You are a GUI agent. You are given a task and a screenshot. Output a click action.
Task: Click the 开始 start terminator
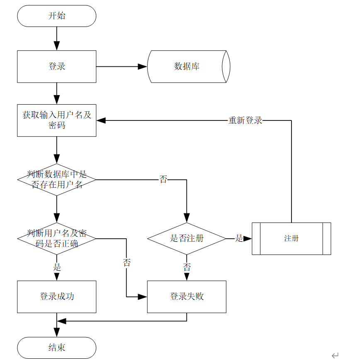(x=56, y=16)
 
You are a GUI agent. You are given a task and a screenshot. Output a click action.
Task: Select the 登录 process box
(x=56, y=66)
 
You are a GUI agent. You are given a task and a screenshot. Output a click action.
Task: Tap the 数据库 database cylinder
(x=187, y=66)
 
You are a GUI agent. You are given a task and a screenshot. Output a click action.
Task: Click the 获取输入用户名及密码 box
(x=56, y=120)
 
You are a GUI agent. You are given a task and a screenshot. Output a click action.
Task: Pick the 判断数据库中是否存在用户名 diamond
(x=56, y=179)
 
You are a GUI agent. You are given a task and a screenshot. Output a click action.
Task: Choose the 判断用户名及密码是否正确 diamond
(x=56, y=239)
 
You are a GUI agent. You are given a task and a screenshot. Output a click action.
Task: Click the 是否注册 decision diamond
(x=187, y=239)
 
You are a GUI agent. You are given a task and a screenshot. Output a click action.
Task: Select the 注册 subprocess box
(x=291, y=239)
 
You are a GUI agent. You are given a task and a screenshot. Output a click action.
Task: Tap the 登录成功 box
(x=56, y=296)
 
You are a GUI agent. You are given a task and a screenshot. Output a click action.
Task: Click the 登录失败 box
(x=187, y=296)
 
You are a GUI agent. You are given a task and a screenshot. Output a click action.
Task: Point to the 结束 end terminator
(x=56, y=348)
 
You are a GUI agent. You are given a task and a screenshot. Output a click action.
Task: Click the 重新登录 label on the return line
(x=245, y=120)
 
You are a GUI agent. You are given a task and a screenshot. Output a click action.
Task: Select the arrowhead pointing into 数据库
(x=143, y=66)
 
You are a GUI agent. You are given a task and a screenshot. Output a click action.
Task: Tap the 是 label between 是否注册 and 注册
(x=239, y=239)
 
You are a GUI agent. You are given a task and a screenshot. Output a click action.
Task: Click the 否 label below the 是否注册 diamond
(x=187, y=267)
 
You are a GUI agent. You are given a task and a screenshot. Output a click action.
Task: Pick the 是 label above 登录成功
(x=57, y=267)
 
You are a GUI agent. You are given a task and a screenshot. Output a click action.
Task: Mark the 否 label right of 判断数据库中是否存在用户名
(x=163, y=179)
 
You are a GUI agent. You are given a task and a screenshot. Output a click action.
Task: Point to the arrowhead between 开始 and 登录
(x=56, y=46)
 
